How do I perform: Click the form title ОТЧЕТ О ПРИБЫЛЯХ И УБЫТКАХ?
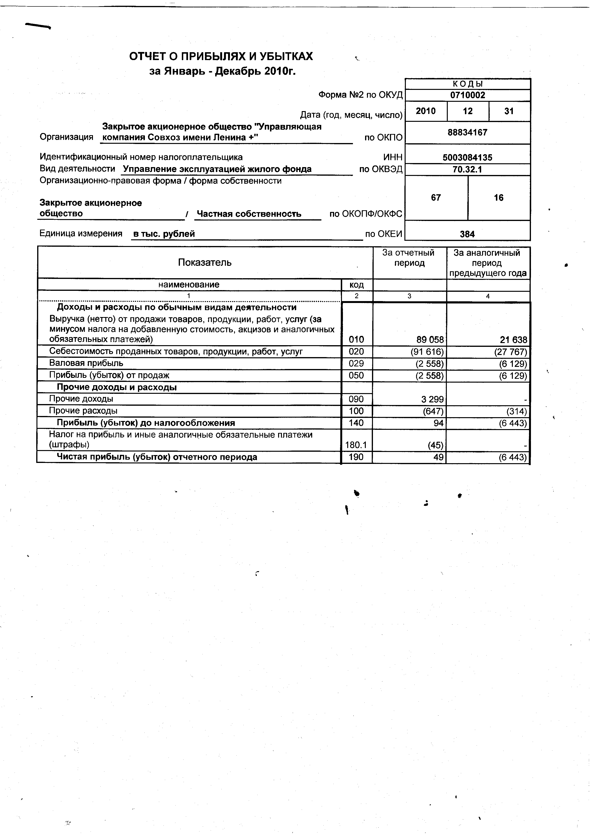(221, 56)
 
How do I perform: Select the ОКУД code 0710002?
(468, 95)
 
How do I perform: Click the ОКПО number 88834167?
(467, 133)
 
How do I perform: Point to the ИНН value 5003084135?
(467, 158)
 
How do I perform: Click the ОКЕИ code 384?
(467, 234)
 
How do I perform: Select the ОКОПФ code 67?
(436, 198)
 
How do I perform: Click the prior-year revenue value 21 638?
(513, 340)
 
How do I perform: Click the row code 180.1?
(356, 445)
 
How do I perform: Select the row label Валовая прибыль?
(86, 363)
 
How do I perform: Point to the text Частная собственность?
(249, 214)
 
